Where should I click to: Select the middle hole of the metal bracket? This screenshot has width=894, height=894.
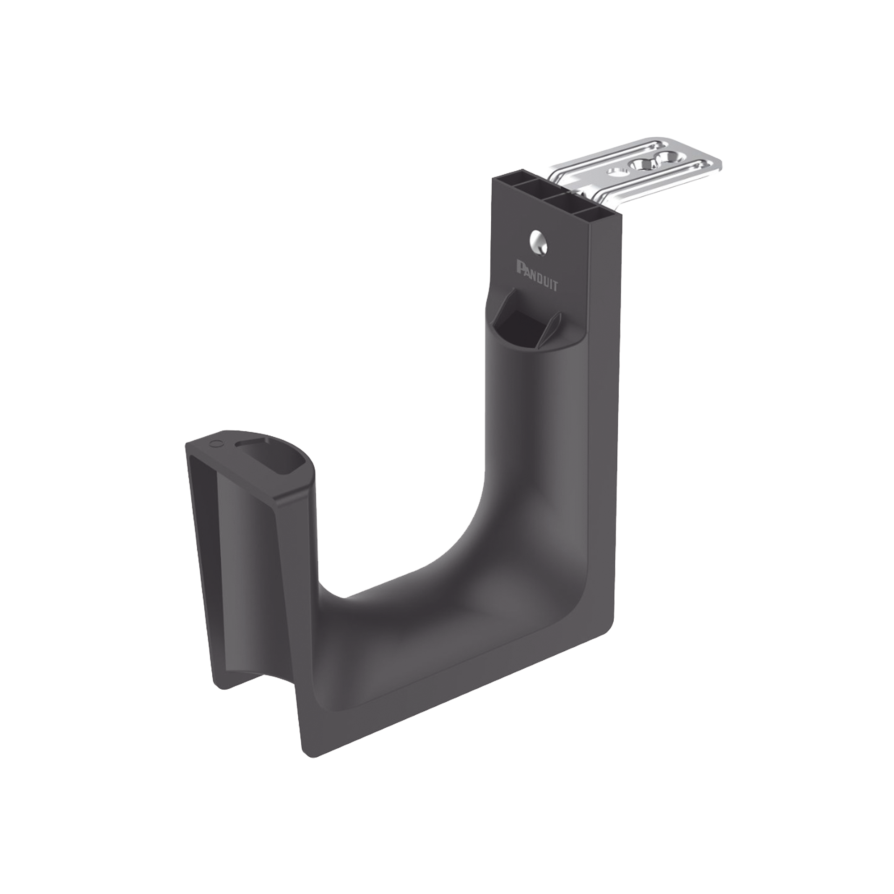click(643, 164)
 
